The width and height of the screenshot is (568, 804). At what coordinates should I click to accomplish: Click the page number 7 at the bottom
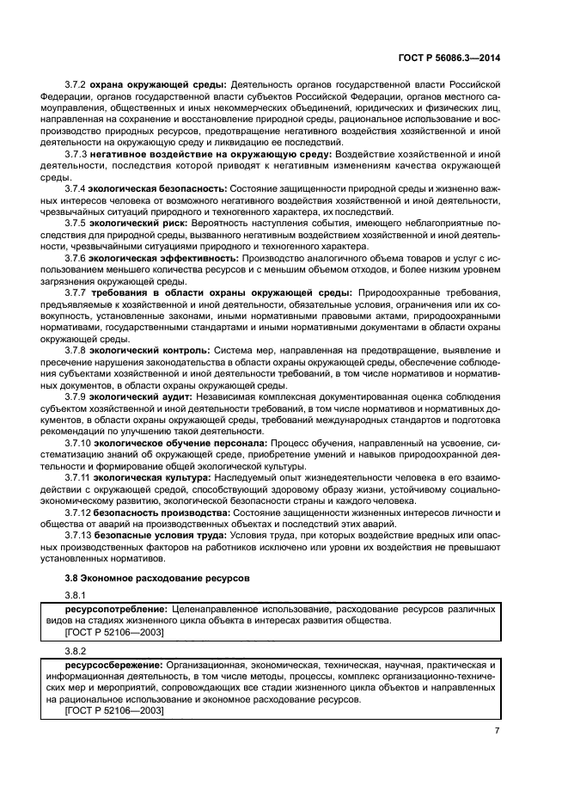click(498, 732)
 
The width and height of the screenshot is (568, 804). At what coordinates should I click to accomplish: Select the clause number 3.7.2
click(77, 84)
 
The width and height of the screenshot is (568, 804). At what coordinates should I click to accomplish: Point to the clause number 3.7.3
click(77, 152)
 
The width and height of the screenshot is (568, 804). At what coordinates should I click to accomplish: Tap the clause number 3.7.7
click(77, 293)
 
